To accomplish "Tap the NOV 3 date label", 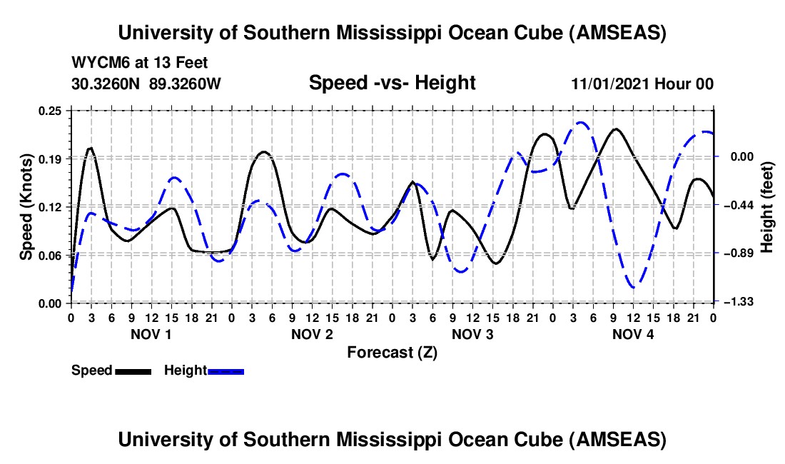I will [x=472, y=333].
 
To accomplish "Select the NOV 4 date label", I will [x=633, y=333].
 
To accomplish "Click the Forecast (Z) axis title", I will [x=392, y=353].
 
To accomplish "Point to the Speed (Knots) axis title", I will [x=26, y=206].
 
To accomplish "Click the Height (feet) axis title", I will [x=767, y=206].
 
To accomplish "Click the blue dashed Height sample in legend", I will [x=226, y=370].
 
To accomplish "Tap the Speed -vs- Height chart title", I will [x=392, y=83].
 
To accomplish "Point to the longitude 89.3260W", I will [x=186, y=84].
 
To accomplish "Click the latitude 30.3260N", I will [x=107, y=84].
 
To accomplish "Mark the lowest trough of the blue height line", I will [x=634, y=287].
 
